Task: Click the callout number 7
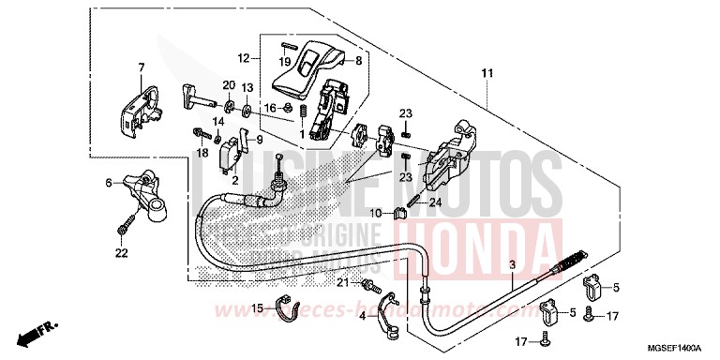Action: coord(142,67)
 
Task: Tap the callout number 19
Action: coord(285,62)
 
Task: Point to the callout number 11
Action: coord(487,73)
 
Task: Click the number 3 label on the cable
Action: coord(513,266)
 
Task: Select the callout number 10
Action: coord(375,214)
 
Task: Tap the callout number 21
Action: coord(343,282)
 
